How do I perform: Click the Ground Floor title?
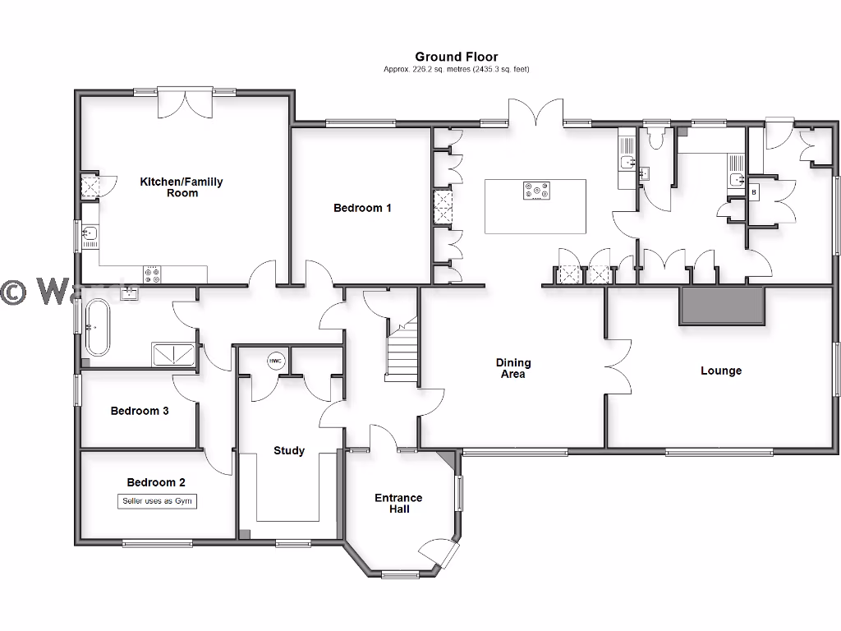(456, 57)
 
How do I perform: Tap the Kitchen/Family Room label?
(182, 187)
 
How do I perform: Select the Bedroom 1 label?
(362, 208)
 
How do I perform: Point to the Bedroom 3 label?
(140, 411)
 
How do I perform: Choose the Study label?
(289, 450)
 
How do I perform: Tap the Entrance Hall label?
(398, 504)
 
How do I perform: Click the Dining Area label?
(513, 368)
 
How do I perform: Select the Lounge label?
(721, 371)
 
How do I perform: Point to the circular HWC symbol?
(274, 361)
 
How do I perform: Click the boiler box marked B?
(754, 191)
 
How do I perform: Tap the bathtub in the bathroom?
(99, 327)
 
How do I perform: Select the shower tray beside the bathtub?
(173, 353)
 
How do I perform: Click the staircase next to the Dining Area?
(402, 352)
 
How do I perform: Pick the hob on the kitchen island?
(536, 191)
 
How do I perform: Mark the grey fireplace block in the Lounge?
(722, 306)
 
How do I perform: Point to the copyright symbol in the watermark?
(12, 292)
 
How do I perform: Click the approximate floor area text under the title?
(456, 70)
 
